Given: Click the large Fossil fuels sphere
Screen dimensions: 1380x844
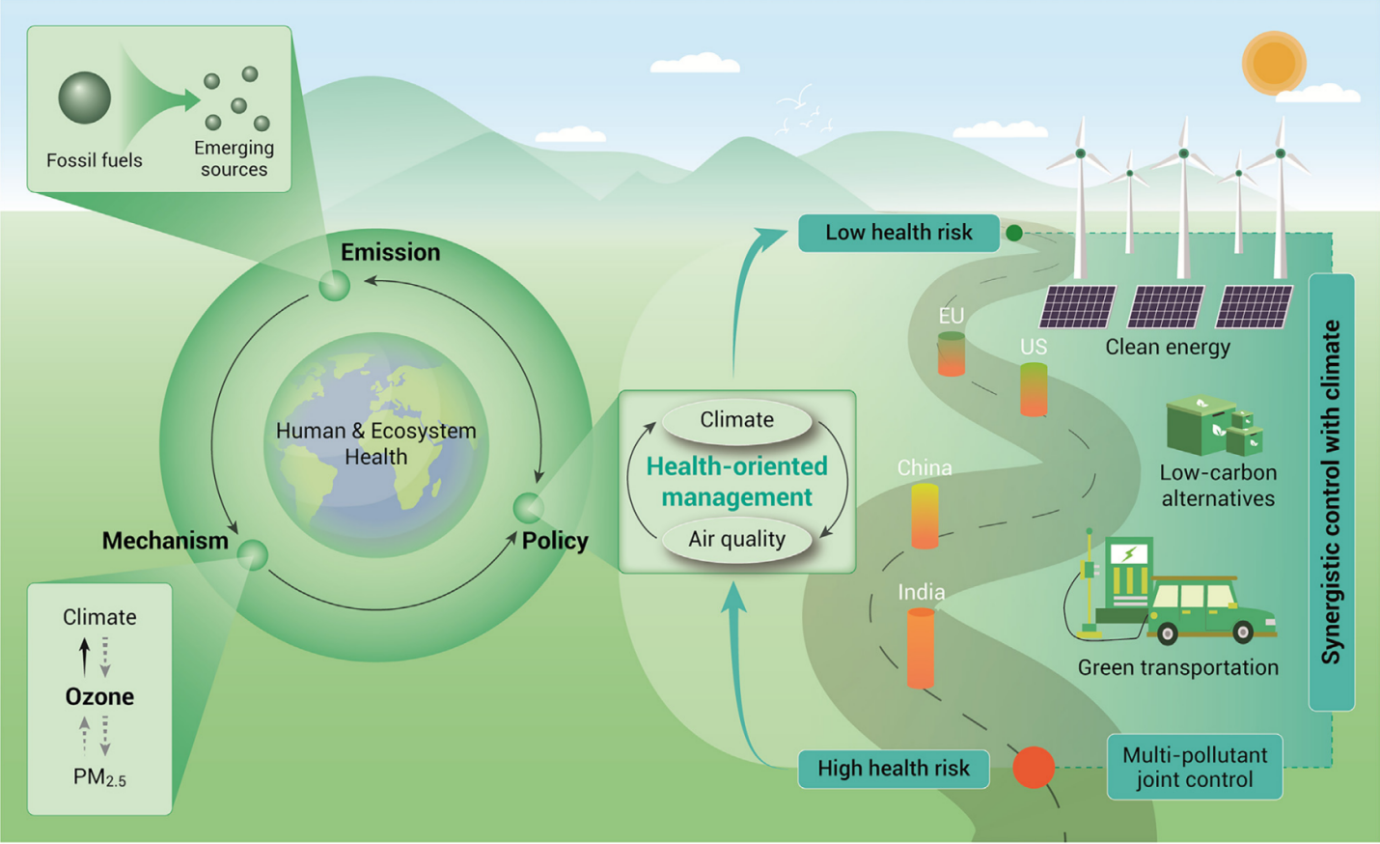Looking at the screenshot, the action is pos(84,98).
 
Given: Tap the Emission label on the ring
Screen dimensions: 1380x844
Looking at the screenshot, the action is pos(391,252).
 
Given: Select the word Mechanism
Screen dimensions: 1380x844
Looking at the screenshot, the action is pos(165,541).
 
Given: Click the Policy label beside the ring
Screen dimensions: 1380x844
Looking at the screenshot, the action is pos(555,542).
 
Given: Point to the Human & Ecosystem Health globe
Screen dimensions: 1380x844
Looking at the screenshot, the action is pos(375,444).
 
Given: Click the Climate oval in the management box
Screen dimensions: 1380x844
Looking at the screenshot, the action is pos(737,420).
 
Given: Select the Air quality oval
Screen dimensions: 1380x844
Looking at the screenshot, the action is pos(737,540).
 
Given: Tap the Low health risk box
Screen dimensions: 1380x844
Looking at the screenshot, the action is pos(898,233).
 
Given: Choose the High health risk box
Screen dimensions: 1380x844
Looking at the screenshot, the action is pos(894,769).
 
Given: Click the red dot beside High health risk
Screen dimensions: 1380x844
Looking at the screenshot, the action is pos(1034,768).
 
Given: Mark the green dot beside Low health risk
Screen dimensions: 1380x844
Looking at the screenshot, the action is pos(1014,233).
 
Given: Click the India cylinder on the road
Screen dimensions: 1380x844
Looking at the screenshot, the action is pos(921,648).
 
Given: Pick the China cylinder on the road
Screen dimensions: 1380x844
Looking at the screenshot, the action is pos(925,516).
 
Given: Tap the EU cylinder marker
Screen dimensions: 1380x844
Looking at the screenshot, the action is pos(952,353).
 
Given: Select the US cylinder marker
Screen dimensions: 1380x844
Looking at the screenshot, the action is pos(1034,389).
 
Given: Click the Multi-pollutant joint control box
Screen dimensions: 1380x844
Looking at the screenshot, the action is pos(1195,767).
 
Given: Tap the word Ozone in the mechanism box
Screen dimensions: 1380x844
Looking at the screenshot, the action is pos(99,696).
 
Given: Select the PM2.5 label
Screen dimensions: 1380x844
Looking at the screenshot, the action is pos(99,777).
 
